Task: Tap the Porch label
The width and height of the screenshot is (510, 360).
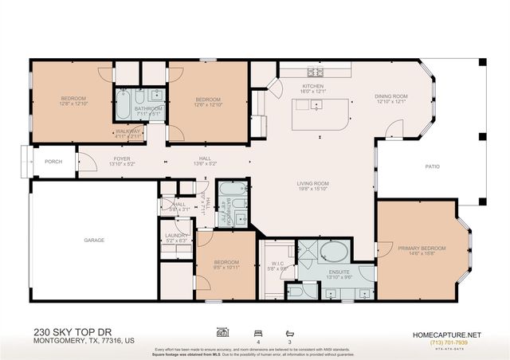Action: (53, 162)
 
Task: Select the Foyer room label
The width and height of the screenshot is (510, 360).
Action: (121, 158)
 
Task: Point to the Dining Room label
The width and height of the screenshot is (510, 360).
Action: (390, 97)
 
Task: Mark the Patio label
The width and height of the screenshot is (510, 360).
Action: (432, 166)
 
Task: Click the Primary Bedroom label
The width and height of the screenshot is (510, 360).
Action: (422, 248)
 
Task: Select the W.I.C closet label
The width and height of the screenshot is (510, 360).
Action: (277, 264)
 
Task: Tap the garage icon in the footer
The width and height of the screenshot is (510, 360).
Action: (222, 333)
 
